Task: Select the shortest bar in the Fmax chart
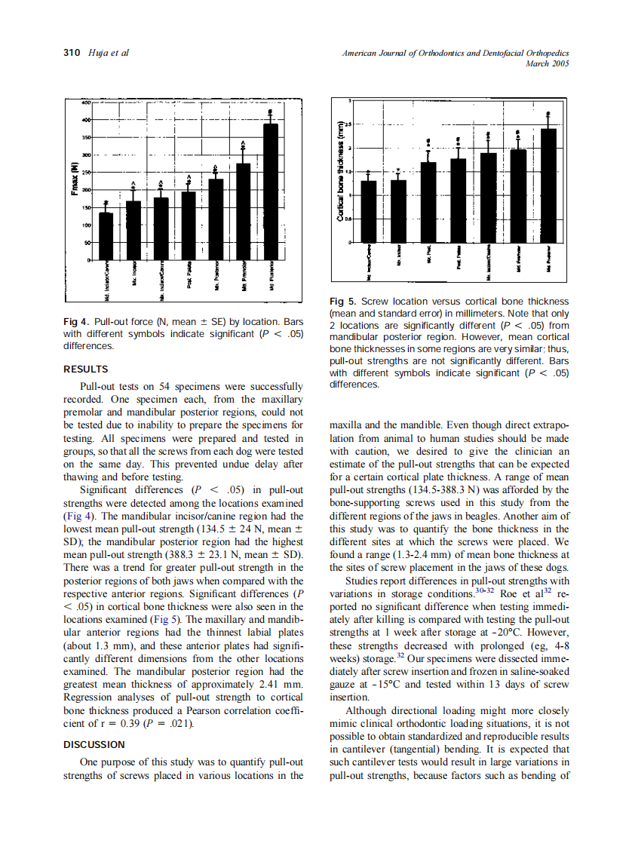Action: tap(106, 237)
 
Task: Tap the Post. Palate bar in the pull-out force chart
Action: tap(189, 226)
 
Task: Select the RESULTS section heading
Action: tap(85, 369)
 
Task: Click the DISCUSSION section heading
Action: tap(94, 745)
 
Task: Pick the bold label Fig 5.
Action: tap(343, 302)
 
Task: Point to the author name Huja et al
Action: tap(108, 53)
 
